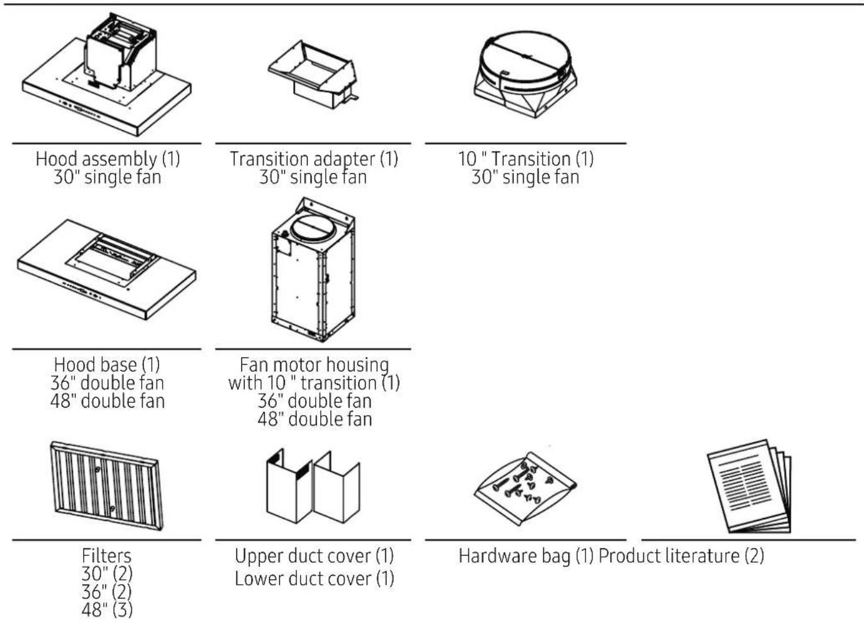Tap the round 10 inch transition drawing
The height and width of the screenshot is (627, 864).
525,74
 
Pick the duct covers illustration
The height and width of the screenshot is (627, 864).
313,486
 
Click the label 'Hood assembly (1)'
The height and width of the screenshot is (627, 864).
108,159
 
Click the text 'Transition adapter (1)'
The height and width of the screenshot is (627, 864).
313,159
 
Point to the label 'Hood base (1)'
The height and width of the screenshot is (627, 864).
107,365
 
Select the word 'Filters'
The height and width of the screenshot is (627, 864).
107,556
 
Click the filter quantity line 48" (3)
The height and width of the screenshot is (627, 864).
107,610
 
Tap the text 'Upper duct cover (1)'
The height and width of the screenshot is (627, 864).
314,556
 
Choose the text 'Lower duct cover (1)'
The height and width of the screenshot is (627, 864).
314,578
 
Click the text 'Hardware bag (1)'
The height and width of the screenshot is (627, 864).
526,556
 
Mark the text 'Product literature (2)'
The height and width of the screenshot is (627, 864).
681,556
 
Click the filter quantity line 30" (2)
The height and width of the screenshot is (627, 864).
107,573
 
